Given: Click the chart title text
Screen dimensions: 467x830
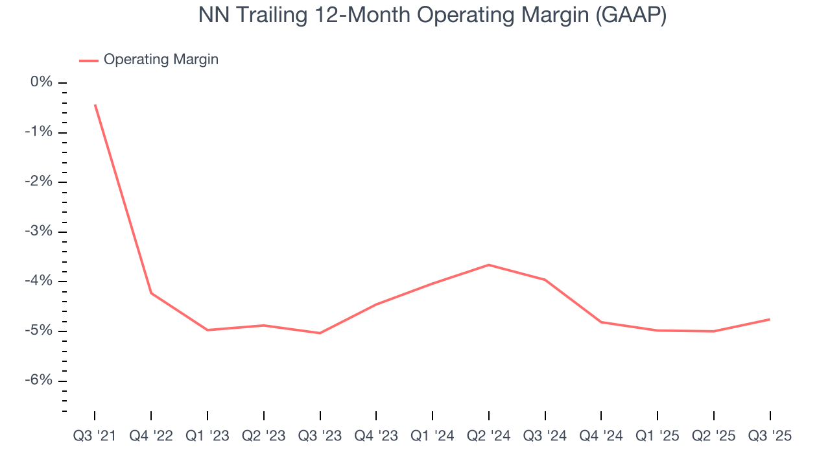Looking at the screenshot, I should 433,16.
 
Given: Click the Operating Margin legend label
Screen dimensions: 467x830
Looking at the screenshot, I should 161,60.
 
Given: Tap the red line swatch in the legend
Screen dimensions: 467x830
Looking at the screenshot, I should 89,60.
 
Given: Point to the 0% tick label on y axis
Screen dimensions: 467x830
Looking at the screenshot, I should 41,82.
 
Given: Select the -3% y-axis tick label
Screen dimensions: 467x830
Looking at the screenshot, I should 39,232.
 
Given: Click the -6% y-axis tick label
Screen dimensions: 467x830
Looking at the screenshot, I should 39,380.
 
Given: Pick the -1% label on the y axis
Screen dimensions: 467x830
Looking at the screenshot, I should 39,132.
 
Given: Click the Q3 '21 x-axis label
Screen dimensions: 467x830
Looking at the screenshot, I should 95,436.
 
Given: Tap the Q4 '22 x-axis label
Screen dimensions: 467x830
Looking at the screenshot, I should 151,436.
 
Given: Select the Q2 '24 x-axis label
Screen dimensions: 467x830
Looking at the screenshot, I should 489,436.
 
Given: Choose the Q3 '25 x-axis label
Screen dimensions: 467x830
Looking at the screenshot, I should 770,436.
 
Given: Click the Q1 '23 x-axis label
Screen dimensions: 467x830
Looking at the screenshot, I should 207,436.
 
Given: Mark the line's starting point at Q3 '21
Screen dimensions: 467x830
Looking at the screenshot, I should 95,105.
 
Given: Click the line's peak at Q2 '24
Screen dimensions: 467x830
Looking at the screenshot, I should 489,265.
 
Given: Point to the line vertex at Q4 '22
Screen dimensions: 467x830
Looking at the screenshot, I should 151,293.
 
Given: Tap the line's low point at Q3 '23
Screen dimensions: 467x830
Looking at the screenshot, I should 320,333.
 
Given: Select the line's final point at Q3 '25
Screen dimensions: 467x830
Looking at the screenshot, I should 770,319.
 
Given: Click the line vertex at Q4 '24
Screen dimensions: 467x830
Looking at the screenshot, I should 601,322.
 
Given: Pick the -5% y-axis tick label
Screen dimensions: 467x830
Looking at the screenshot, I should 39,331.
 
